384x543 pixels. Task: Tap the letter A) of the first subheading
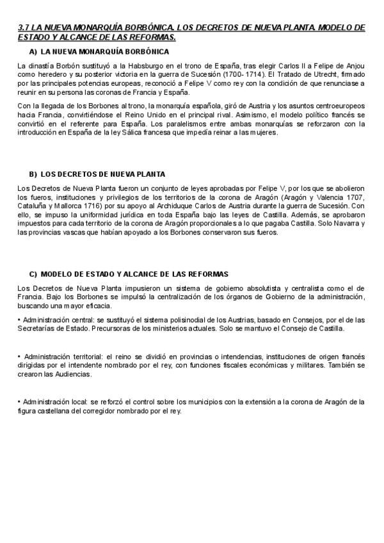point(33,51)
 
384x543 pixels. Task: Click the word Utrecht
point(310,74)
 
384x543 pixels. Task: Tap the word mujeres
point(259,133)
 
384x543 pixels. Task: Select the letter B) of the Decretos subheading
point(33,174)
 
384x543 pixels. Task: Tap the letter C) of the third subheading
point(33,273)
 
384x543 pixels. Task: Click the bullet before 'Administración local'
point(19,402)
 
